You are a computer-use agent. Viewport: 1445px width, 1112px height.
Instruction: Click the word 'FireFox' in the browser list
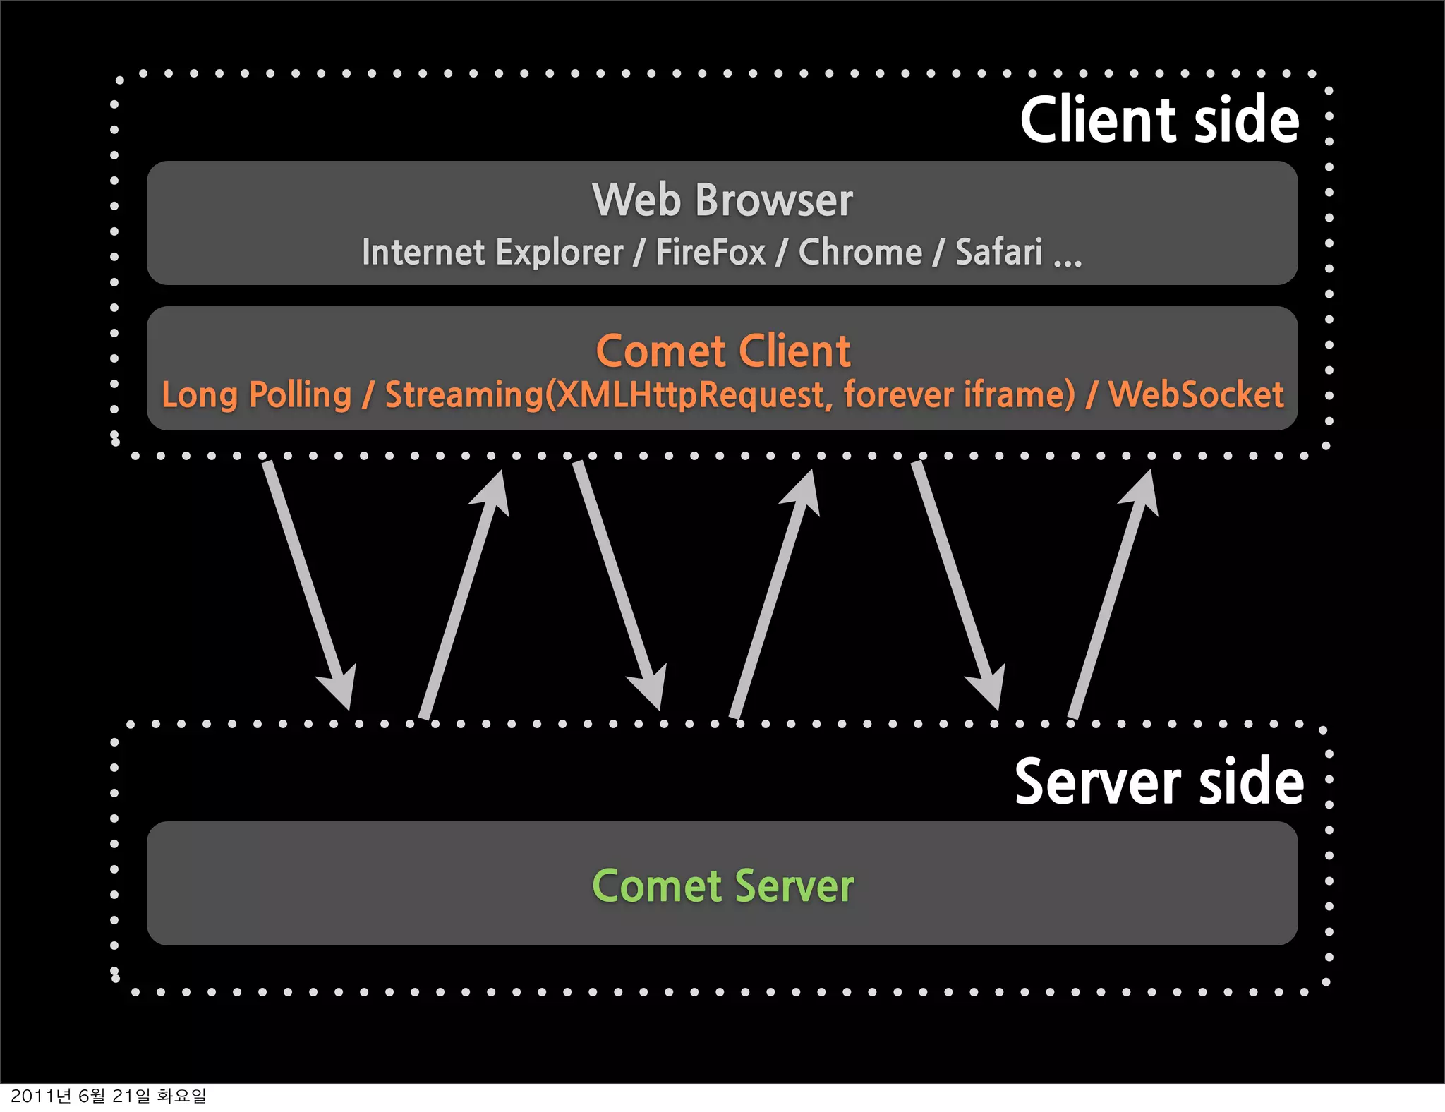tap(711, 252)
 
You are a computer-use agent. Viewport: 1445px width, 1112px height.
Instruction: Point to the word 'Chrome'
tap(860, 252)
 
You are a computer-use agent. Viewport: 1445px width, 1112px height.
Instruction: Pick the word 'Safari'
tap(998, 252)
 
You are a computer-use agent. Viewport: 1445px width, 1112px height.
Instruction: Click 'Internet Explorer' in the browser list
tap(492, 252)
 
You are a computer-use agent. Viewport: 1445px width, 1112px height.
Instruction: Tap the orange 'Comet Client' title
tap(723, 351)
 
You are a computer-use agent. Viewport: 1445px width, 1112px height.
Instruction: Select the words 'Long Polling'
tap(257, 394)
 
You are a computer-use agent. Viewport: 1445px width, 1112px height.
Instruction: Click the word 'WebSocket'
tap(1196, 394)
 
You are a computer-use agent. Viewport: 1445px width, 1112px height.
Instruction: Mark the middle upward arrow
tap(775, 593)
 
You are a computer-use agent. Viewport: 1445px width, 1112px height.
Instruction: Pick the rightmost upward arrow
tap(1113, 593)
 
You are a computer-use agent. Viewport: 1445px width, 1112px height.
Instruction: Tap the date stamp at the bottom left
tap(109, 1096)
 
